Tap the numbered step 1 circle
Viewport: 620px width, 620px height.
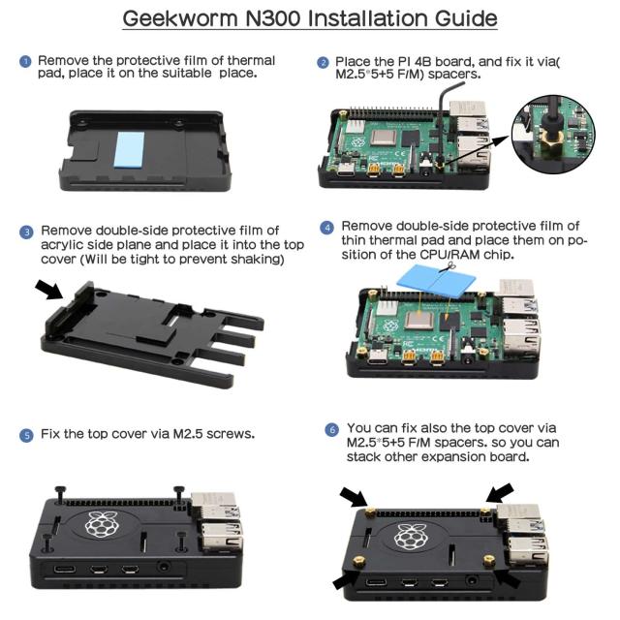click(x=26, y=62)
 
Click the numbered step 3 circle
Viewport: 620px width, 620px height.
click(x=27, y=232)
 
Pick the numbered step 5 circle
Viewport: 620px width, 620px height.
click(x=26, y=436)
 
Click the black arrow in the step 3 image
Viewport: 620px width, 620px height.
click(x=47, y=289)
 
